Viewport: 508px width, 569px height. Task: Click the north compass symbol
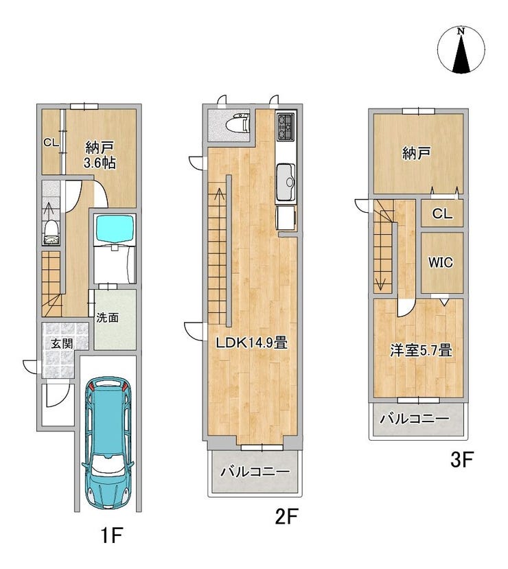click(x=461, y=49)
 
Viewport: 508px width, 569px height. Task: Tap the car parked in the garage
click(x=108, y=442)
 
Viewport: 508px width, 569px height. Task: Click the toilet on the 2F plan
click(x=238, y=123)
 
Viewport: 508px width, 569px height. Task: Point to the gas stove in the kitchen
click(x=286, y=128)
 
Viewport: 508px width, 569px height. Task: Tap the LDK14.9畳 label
click(x=251, y=343)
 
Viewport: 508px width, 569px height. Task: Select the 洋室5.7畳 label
click(x=421, y=351)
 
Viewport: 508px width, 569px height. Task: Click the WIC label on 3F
click(x=441, y=262)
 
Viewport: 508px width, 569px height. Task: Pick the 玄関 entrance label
click(x=62, y=343)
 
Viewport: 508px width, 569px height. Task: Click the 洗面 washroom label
click(x=107, y=318)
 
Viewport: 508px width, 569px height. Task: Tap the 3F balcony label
click(x=415, y=419)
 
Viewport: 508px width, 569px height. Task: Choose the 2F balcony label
click(x=255, y=472)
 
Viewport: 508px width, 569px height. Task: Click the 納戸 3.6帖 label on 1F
click(x=100, y=155)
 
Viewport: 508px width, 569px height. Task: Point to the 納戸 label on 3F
click(x=416, y=154)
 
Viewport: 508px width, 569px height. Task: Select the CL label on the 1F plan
click(x=51, y=143)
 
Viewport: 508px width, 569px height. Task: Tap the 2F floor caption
click(x=286, y=516)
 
